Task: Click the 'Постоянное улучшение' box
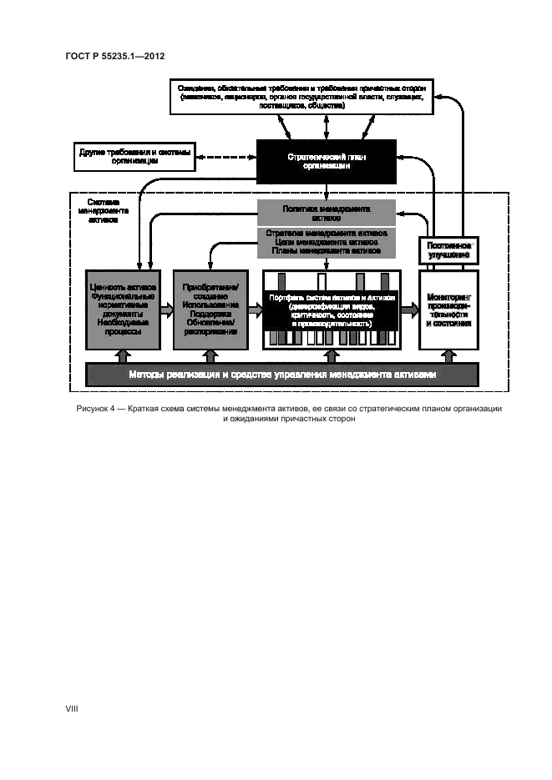[x=448, y=249]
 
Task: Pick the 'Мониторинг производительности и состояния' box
[x=448, y=309]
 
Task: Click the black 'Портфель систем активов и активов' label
[x=332, y=297]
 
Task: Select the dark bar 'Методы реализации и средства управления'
[x=282, y=375]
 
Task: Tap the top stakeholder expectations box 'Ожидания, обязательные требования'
[x=302, y=96]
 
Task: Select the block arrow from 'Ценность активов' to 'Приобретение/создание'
[x=165, y=309]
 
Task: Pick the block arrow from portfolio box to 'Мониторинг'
[x=409, y=309]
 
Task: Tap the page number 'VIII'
[x=72, y=709]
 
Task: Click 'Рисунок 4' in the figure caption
[x=98, y=409]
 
